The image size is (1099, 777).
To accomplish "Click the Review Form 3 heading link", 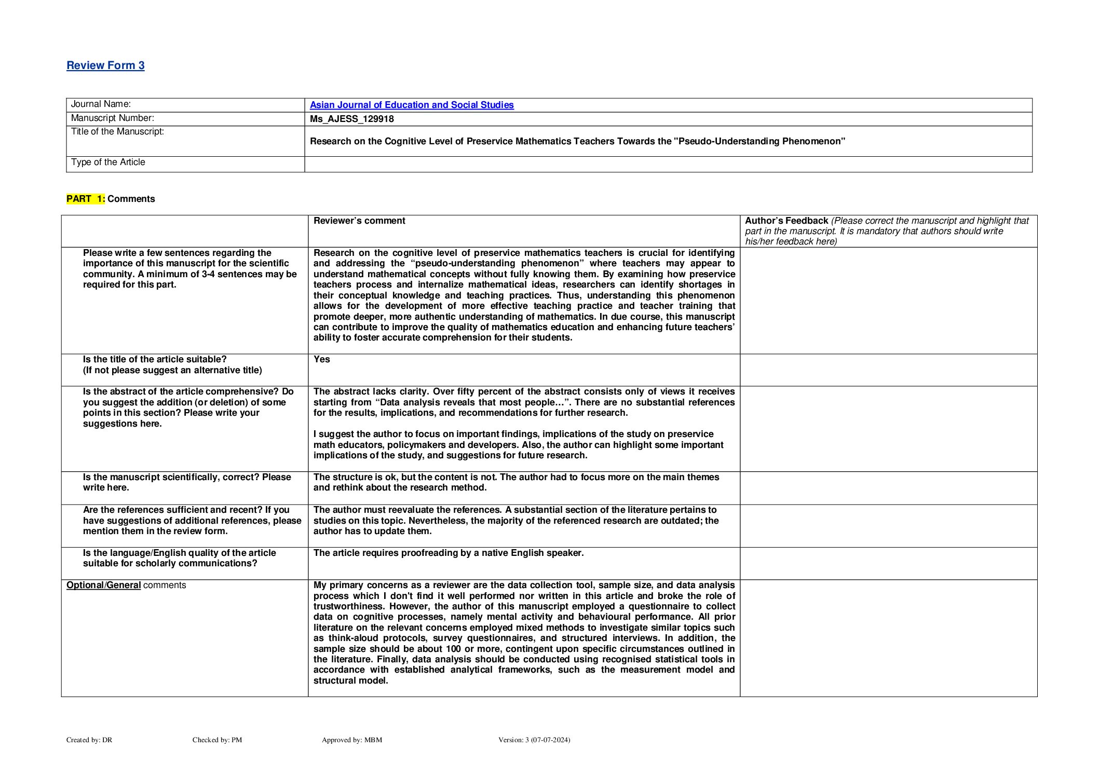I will click(x=105, y=65).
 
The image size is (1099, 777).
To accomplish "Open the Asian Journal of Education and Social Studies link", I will click(x=412, y=105).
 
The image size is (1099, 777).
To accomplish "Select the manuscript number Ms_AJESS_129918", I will click(x=351, y=119).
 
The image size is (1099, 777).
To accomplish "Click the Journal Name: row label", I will click(x=101, y=104).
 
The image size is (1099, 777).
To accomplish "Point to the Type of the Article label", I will click(x=108, y=162).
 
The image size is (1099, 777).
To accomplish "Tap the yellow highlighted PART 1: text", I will click(x=86, y=199).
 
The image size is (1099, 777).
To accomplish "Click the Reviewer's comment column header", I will click(x=359, y=221).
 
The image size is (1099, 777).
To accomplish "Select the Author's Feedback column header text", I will click(x=786, y=221).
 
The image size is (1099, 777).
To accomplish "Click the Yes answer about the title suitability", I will click(x=321, y=359).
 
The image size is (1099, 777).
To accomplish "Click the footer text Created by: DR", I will click(x=89, y=740).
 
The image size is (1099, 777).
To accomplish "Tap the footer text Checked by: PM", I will click(x=217, y=740).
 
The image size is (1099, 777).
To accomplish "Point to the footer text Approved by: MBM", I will click(x=352, y=740).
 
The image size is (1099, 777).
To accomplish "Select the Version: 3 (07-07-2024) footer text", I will click(x=534, y=740).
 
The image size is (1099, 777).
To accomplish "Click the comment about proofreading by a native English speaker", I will click(x=449, y=553).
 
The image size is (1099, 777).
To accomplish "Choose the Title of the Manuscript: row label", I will click(x=117, y=132).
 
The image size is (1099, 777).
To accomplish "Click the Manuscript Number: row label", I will click(x=112, y=118).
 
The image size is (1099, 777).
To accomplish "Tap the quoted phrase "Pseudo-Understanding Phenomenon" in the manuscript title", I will click(x=759, y=141).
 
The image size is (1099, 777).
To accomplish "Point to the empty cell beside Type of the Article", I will click(x=668, y=164).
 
